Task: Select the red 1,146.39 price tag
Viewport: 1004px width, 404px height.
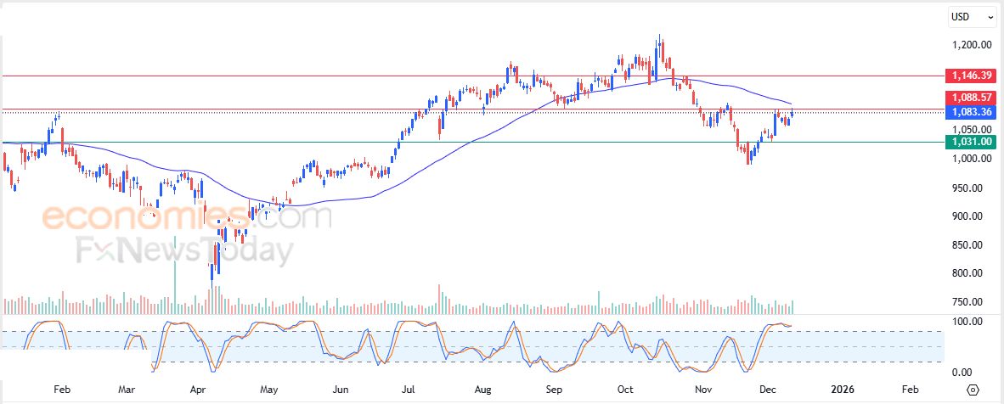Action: (972, 76)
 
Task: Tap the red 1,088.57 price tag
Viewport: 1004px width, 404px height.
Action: (972, 98)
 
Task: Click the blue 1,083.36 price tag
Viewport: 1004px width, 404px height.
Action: (972, 111)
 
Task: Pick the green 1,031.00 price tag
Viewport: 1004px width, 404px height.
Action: (972, 141)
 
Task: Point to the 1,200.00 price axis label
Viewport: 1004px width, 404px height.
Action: (972, 45)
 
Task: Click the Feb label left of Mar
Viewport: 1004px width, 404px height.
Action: (61, 390)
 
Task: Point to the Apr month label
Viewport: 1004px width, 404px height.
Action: (198, 390)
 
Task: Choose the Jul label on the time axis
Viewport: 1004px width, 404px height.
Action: (409, 390)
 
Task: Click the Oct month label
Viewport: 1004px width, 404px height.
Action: (625, 390)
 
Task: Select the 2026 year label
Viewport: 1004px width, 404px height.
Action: (842, 390)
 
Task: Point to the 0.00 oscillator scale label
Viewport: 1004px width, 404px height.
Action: (962, 373)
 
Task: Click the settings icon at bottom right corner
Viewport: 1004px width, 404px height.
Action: (973, 390)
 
